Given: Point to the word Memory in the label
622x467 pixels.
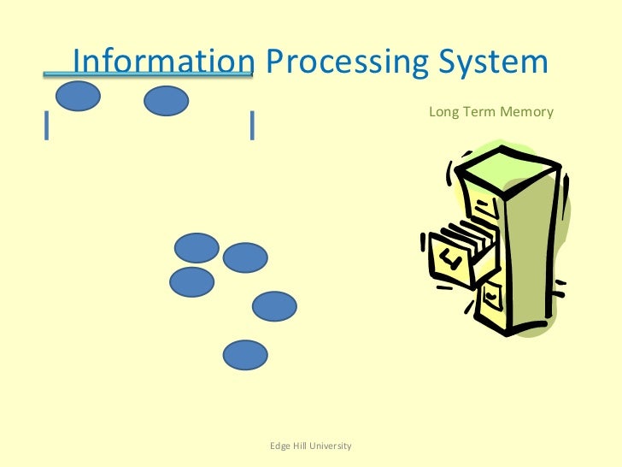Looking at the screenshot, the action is pyautogui.click(x=527, y=112).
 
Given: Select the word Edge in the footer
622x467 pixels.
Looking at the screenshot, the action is pyautogui.click(x=280, y=446).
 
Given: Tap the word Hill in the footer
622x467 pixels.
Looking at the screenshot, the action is pyautogui.click(x=300, y=446).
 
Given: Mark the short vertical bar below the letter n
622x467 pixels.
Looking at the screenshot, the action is pyautogui.click(x=252, y=125).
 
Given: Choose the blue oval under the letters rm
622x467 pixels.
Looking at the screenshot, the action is pyautogui.click(x=166, y=101).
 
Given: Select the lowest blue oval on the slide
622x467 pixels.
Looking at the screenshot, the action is pyautogui.click(x=245, y=355).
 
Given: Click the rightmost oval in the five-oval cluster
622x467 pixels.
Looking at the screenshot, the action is pyautogui.click(x=274, y=306).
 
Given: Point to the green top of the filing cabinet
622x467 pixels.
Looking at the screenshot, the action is pyautogui.click(x=499, y=166).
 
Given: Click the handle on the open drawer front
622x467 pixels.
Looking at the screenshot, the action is pyautogui.click(x=450, y=260).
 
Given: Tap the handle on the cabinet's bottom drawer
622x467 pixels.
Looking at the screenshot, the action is pyautogui.click(x=491, y=296).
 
